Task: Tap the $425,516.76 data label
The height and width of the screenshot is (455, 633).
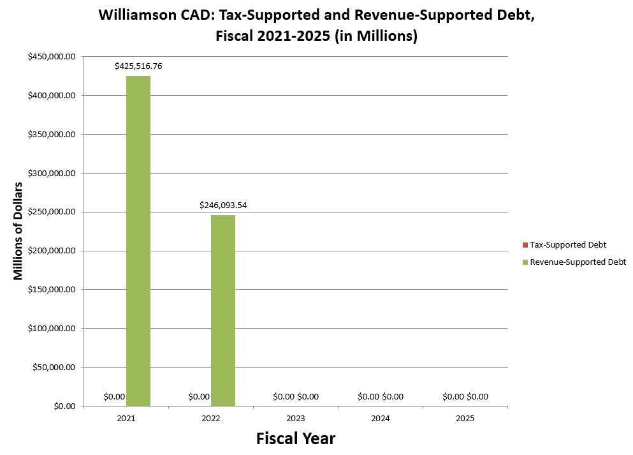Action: (138, 66)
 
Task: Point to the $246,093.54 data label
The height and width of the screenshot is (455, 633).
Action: (223, 205)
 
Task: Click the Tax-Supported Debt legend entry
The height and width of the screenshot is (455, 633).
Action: (568, 244)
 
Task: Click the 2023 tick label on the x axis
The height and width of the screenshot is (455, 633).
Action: (296, 419)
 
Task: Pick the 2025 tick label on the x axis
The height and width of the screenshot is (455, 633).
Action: (465, 419)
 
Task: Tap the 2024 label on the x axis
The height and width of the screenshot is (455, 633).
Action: (381, 419)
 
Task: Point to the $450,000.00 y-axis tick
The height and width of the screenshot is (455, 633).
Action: (52, 57)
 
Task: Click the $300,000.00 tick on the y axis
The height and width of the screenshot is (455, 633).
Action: (52, 174)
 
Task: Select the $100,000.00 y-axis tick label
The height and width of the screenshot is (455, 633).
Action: (52, 329)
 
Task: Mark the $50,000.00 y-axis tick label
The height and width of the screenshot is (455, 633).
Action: (54, 368)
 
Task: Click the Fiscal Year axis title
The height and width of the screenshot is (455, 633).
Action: (296, 438)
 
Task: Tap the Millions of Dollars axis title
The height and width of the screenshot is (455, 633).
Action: (18, 231)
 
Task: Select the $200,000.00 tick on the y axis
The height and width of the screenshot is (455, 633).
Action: (52, 251)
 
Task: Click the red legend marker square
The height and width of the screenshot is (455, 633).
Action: (525, 245)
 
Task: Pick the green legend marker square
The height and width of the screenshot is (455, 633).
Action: (525, 262)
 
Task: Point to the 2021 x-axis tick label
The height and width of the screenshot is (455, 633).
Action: (126, 419)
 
